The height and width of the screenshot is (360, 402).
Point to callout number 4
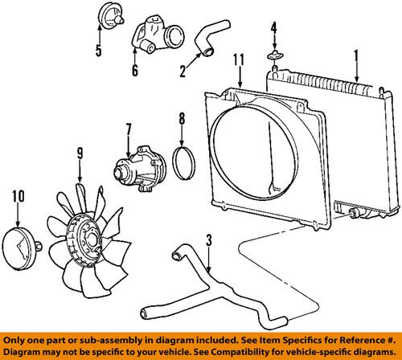click(274, 33)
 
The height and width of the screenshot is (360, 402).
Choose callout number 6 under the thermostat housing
click(133, 70)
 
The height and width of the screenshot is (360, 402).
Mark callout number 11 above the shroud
click(240, 59)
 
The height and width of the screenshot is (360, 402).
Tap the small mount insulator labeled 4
click(275, 57)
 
